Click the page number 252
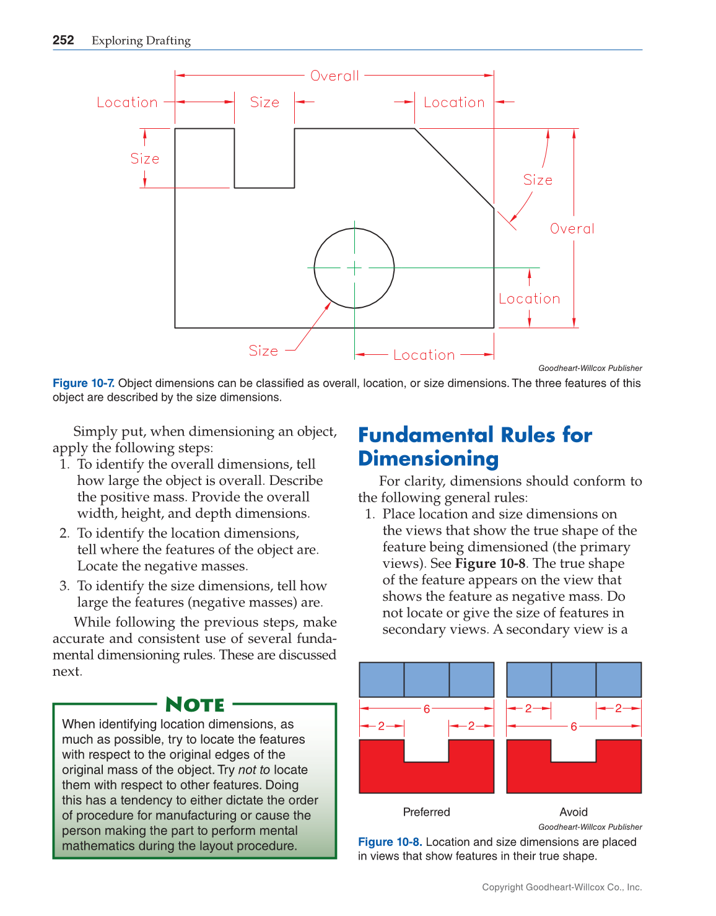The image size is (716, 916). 63,40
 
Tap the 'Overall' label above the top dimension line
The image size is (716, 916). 334,76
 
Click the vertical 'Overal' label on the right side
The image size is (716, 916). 572,229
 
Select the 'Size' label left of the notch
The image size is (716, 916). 144,159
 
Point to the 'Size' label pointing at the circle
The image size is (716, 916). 263,351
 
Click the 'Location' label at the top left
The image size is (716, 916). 127,102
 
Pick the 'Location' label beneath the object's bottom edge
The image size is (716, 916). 424,355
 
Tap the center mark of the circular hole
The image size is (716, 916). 354,268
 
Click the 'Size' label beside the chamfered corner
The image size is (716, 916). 538,180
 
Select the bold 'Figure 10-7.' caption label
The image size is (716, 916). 84,383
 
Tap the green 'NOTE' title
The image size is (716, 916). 195,705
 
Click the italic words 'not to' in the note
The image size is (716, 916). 254,770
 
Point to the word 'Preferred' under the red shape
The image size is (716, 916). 426,812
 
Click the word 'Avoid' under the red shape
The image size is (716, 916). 574,812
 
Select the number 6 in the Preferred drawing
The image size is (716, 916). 427,709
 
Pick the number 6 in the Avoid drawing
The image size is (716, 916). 574,726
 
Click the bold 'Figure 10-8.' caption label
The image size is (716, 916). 390,842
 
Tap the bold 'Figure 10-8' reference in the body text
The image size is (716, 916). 490,564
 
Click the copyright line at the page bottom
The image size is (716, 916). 562,887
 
